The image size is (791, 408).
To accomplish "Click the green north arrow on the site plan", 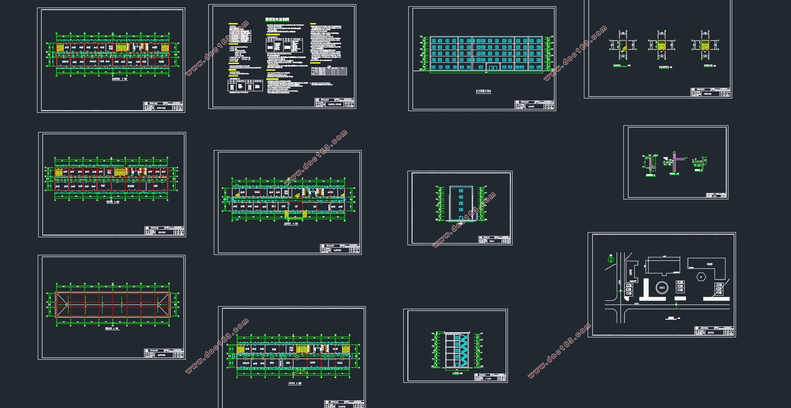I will (x=611, y=259).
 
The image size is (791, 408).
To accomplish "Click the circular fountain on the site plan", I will (x=662, y=288).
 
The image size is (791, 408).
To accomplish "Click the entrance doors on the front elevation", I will (x=492, y=67).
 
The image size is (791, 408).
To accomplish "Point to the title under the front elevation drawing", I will (x=483, y=91).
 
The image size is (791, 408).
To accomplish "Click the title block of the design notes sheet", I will (x=335, y=103).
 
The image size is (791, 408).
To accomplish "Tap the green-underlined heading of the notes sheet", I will (x=277, y=19).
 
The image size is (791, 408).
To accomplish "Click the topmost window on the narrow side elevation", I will (x=461, y=191).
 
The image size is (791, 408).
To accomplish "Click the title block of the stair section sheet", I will (x=490, y=377).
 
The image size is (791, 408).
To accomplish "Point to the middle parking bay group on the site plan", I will (x=680, y=287).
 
